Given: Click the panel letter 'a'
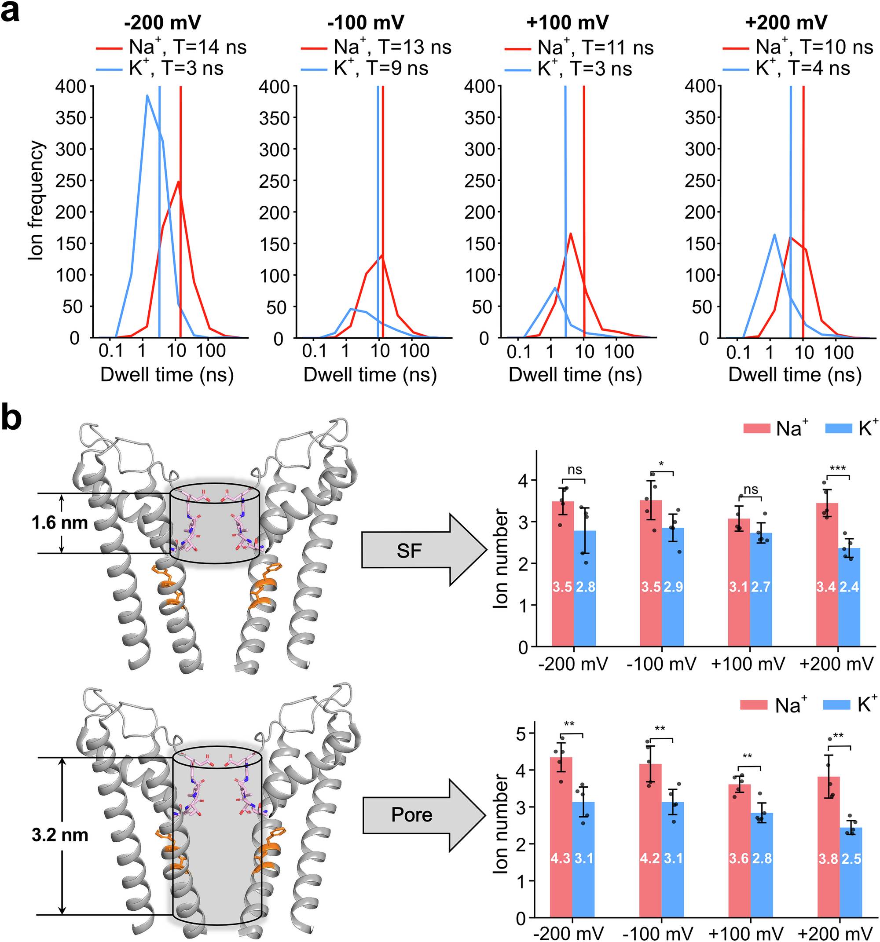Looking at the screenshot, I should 11,11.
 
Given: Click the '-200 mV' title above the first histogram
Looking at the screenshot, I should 163,22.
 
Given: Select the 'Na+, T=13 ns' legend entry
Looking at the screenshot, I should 376,47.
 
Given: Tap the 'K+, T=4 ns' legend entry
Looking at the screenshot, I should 786,68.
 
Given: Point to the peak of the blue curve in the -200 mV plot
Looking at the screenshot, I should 147,96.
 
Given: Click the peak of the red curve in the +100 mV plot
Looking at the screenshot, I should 570,234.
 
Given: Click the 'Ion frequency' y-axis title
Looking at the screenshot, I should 36,201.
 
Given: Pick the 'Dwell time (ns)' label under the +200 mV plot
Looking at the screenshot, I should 795,374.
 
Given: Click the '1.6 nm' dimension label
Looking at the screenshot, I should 60,522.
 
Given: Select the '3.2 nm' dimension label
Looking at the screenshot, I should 60,835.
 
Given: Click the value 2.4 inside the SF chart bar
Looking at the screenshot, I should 849,587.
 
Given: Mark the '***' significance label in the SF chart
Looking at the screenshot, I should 838,469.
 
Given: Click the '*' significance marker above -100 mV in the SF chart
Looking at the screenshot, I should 661,464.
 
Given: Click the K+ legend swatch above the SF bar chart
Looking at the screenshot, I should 839,428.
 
